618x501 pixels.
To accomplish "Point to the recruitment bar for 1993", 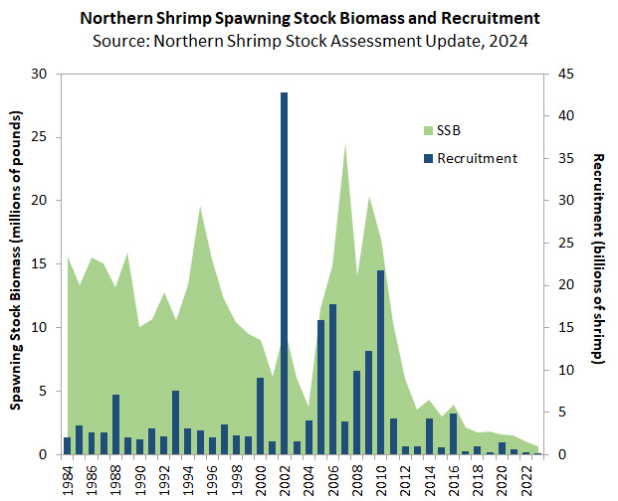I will point(175,422).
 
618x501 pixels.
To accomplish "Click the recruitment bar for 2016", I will point(453,433).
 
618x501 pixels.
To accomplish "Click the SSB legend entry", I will point(439,130).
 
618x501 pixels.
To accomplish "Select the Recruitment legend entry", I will point(469,158).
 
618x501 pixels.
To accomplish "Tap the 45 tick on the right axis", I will point(563,74).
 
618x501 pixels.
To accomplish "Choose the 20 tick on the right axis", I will point(563,285).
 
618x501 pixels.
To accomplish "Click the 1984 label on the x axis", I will point(68,478).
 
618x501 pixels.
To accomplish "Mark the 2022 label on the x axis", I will point(525,478).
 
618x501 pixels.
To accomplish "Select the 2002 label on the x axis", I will point(285,478).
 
